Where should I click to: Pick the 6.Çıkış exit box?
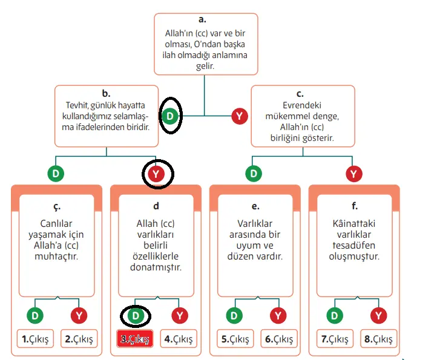tap(279, 339)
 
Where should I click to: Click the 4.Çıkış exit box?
tap(180, 339)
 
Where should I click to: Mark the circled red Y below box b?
tap(157, 174)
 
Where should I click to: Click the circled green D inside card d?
tap(136, 315)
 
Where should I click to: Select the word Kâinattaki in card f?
tap(355, 224)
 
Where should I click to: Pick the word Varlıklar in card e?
tap(255, 224)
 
